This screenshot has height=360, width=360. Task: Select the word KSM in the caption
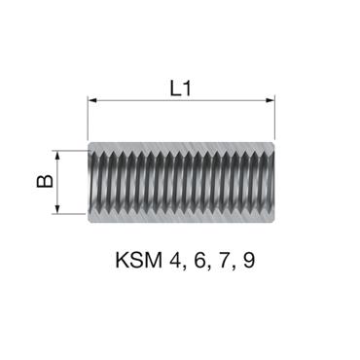[135, 262]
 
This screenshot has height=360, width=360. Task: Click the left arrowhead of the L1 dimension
[93, 99]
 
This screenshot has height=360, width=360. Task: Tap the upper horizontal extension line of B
[73, 149]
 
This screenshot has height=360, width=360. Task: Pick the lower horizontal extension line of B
[73, 213]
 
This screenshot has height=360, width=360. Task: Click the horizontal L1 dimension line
[180, 99]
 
